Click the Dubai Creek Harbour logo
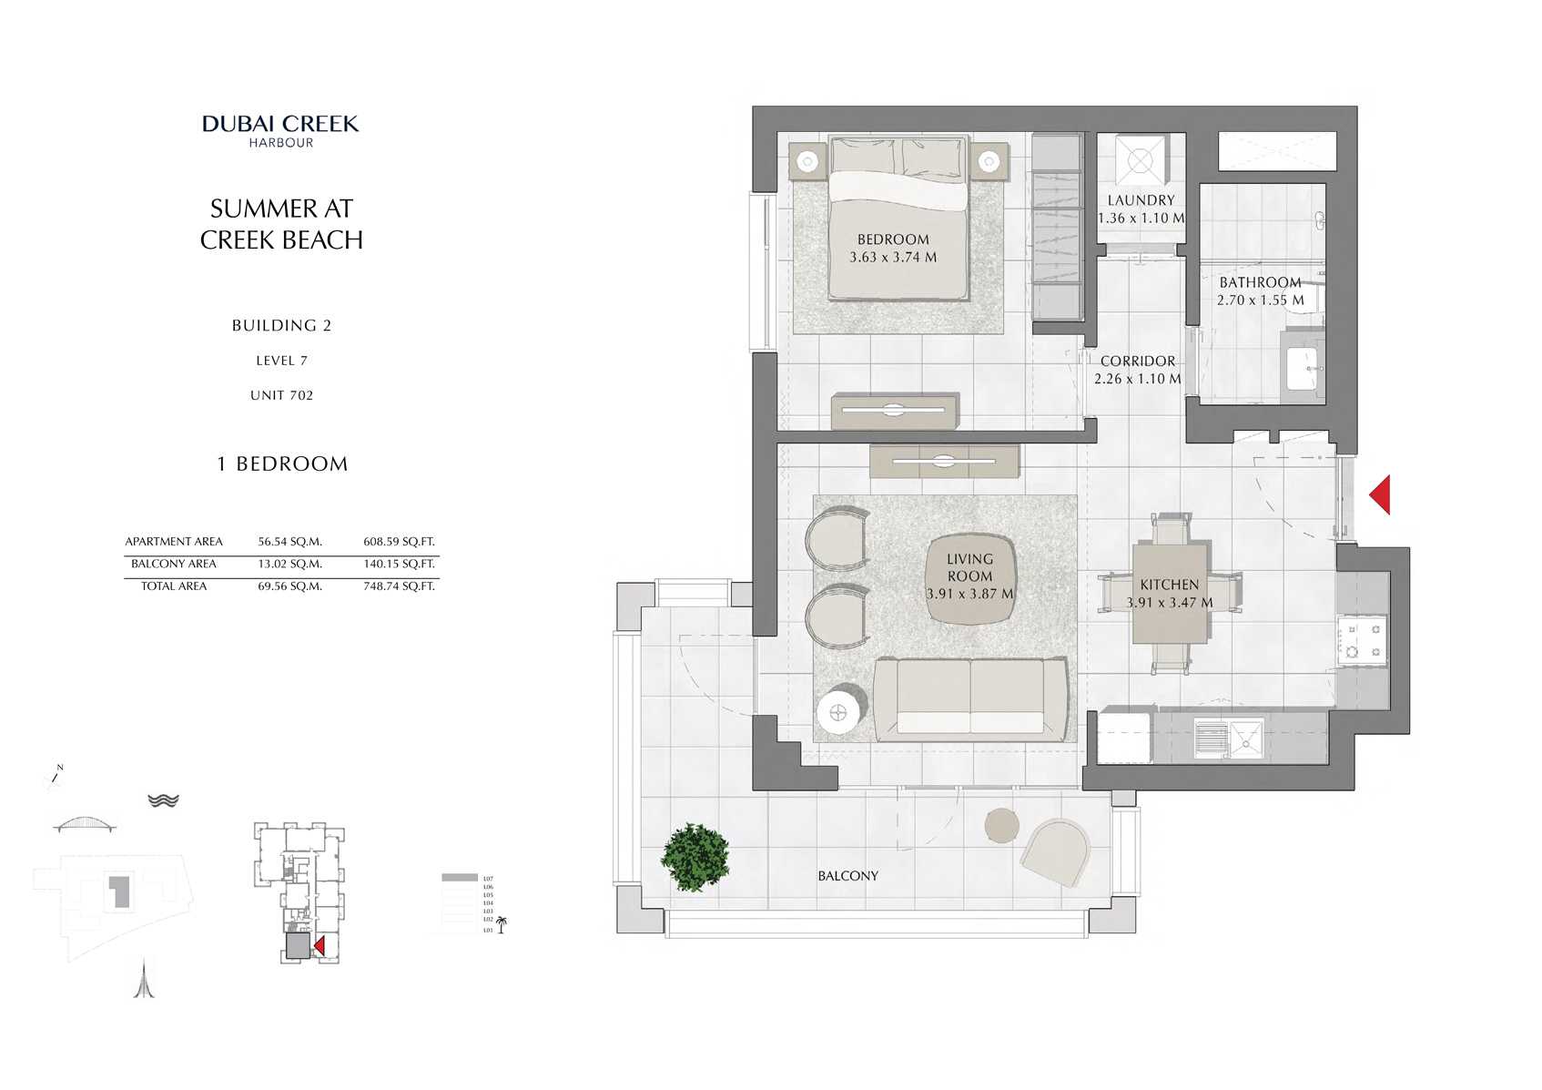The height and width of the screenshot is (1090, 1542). (280, 129)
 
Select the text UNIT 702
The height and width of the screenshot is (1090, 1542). (281, 395)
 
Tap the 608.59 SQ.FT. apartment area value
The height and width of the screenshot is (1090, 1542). (399, 542)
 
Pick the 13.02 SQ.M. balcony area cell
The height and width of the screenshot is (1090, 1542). (289, 565)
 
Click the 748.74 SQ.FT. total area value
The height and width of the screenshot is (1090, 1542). (399, 586)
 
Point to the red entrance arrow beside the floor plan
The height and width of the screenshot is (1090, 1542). (1380, 494)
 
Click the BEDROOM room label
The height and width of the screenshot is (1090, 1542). (893, 239)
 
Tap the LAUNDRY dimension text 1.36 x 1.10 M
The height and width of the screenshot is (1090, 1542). (1141, 219)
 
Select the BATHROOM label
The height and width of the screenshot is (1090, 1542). (1260, 282)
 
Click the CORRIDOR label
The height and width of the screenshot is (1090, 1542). (1137, 362)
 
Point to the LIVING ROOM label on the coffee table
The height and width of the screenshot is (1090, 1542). (969, 567)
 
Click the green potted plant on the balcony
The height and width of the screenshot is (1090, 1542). (695, 857)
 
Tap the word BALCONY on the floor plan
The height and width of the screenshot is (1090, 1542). (847, 876)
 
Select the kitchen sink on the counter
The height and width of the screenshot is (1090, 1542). (1244, 739)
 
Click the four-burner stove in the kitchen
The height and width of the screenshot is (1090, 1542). (1363, 639)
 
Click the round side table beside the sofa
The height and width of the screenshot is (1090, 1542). (838, 713)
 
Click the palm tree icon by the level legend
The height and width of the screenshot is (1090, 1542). (501, 925)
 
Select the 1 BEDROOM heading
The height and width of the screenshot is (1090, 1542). (282, 464)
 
